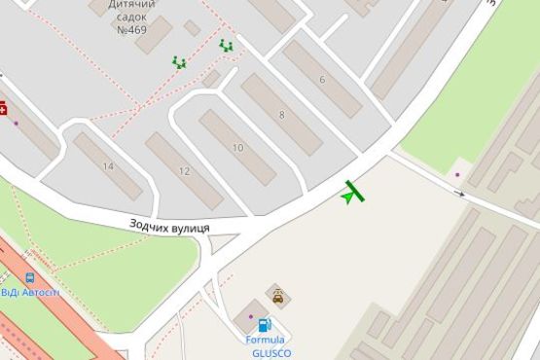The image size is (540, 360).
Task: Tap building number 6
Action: tap(322, 79)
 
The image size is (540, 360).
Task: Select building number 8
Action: tap(281, 115)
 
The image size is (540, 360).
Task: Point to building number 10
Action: tap(237, 147)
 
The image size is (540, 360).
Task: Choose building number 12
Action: tap(185, 170)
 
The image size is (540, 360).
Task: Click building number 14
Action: tap(107, 166)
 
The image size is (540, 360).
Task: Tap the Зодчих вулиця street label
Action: tap(170, 226)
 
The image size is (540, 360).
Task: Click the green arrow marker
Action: tap(347, 197)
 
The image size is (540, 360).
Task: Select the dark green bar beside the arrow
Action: tap(354, 191)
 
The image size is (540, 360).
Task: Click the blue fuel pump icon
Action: tap(264, 325)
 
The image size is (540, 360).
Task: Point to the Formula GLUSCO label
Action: tap(267, 346)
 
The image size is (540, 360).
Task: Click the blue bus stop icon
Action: tap(30, 277)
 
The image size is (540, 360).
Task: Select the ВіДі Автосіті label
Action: tap(30, 292)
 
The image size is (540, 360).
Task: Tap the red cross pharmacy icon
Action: tap(3, 107)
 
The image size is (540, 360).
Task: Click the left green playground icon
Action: tap(179, 62)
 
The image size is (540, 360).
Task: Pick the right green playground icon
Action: tap(226, 45)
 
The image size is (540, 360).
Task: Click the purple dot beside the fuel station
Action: tap(251, 316)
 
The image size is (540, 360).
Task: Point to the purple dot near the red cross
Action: tap(16, 123)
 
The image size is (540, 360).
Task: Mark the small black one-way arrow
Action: tap(462, 194)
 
